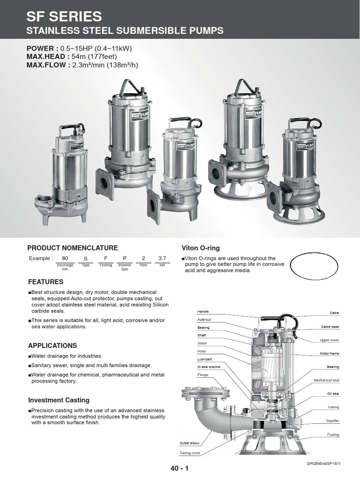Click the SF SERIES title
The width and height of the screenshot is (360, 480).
(64, 17)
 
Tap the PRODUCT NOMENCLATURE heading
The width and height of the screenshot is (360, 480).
(73, 248)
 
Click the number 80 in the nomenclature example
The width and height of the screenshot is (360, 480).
(65, 258)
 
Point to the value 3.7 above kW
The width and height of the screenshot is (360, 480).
(162, 258)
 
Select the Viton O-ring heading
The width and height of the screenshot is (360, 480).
(200, 248)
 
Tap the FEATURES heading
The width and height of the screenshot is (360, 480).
(45, 282)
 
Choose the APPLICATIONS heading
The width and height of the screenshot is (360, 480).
(52, 345)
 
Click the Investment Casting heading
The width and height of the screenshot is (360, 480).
(59, 400)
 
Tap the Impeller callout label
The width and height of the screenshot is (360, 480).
(332, 421)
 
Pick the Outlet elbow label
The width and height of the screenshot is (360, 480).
(189, 443)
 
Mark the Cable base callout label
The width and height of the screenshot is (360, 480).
(330, 327)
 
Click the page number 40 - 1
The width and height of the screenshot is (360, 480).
(180, 468)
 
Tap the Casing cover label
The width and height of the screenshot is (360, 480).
(190, 453)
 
